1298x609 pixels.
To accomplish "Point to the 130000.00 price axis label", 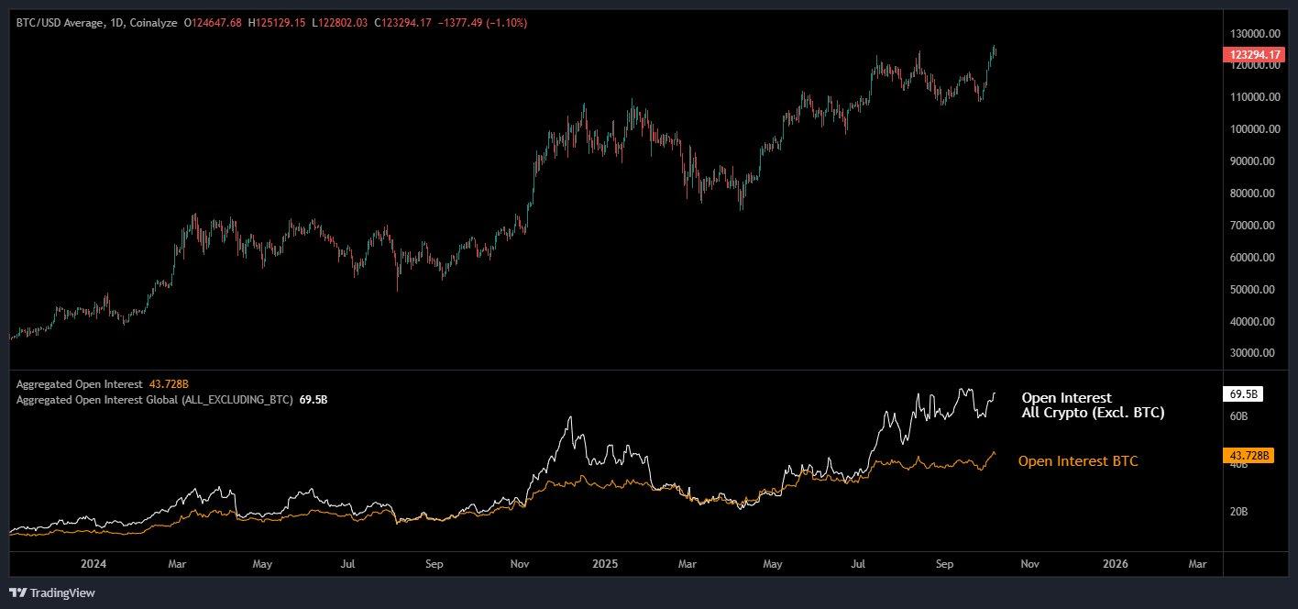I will coord(1254,33).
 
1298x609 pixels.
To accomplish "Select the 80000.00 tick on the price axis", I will coord(1254,194).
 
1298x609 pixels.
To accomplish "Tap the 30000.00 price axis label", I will coord(1254,353).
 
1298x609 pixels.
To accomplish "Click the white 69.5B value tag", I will coord(1243,393).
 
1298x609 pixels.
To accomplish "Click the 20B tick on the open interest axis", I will coord(1237,512).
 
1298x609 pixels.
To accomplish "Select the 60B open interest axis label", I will coord(1237,416).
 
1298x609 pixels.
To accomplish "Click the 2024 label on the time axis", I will coord(94,564).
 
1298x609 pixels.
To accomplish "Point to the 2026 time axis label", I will coord(1115,564).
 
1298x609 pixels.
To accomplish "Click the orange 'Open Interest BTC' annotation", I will coord(1078,461).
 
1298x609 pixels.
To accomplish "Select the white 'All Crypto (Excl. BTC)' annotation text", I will coord(1093,414).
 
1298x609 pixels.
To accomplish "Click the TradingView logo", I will coord(52,592).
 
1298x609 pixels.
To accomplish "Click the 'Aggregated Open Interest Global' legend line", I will coord(154,400).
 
